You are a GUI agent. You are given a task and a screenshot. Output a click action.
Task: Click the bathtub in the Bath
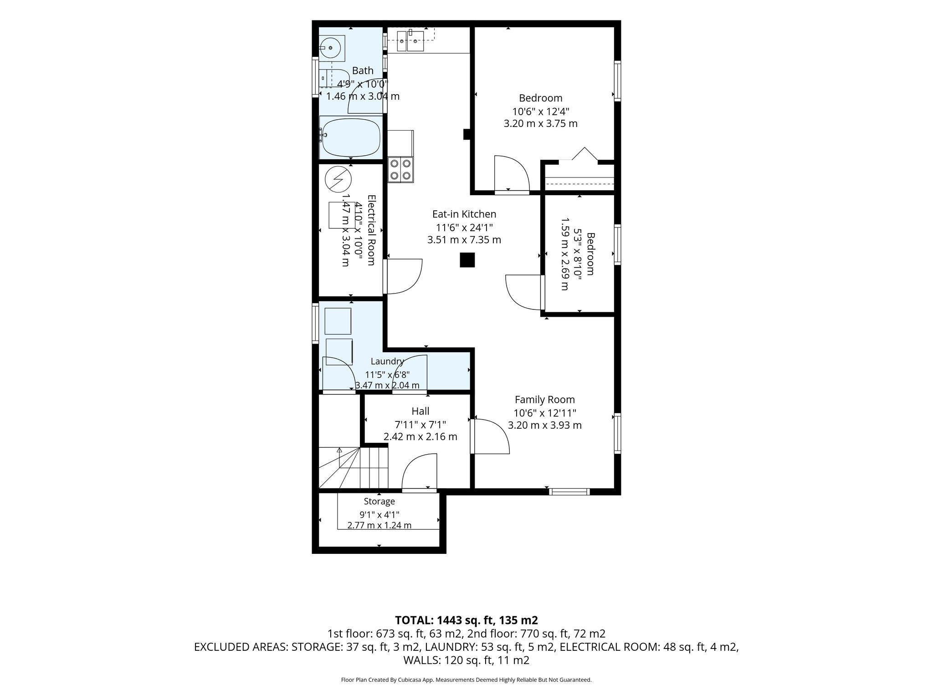pos(351,137)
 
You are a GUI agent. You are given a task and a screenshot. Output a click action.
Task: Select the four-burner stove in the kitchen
pos(401,169)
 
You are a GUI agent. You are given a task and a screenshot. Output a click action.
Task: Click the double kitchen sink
pos(410,41)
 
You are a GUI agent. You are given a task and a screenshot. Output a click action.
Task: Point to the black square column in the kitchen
pos(467,260)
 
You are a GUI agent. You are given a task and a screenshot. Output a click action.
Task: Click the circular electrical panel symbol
pos(338,179)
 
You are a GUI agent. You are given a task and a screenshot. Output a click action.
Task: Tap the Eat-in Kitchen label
pos(464,214)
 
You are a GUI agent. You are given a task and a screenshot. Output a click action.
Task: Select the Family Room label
pos(545,400)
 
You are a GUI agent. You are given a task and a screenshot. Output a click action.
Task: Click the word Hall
pos(420,411)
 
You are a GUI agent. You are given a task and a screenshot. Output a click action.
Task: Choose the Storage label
pos(379,501)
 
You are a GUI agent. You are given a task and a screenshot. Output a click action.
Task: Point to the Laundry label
pos(387,361)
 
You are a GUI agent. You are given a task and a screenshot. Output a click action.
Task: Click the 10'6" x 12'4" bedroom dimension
pos(541,111)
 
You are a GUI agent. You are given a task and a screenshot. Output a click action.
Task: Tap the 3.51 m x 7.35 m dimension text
pos(464,239)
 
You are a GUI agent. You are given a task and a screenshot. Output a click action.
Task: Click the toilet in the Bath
pos(333,78)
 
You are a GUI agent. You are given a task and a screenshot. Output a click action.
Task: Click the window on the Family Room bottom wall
pos(569,491)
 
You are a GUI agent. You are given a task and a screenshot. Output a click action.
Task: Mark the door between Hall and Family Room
pos(491,436)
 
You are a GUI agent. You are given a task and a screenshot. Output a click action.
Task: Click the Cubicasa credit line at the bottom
pos(466,680)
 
